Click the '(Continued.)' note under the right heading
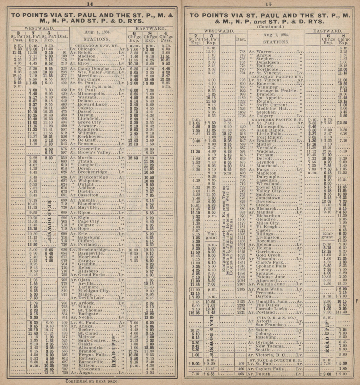click(271, 27)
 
